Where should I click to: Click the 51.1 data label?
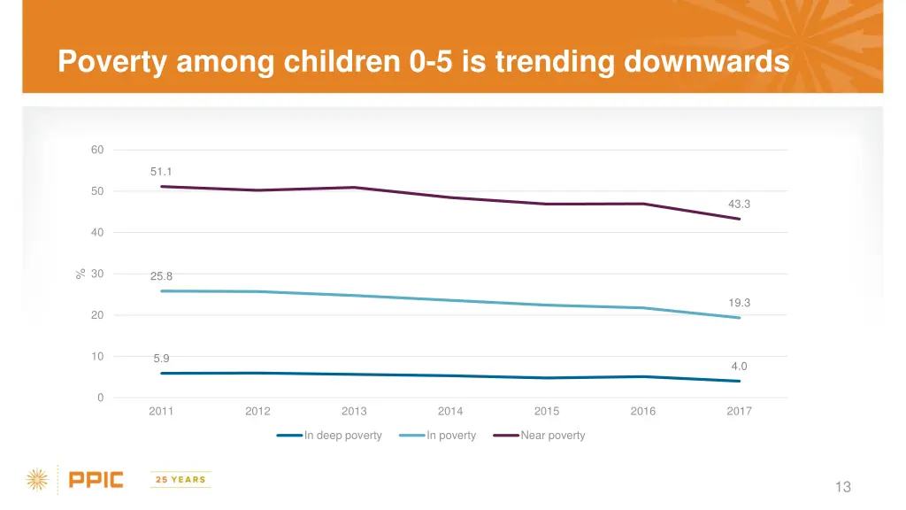(161, 172)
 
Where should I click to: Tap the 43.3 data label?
(739, 205)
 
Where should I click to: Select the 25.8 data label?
(161, 276)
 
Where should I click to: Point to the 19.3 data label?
(739, 303)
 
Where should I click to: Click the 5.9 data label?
(161, 359)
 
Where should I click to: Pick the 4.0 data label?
(739, 366)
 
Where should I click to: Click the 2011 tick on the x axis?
(161, 411)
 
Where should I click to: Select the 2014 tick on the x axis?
(450, 411)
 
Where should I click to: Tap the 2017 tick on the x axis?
(739, 411)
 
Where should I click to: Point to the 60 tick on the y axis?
(97, 150)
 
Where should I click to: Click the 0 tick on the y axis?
(100, 398)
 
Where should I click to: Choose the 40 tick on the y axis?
(97, 232)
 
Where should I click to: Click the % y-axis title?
(81, 274)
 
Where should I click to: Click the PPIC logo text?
(96, 480)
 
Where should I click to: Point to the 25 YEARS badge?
(180, 480)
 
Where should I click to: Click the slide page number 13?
(842, 487)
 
